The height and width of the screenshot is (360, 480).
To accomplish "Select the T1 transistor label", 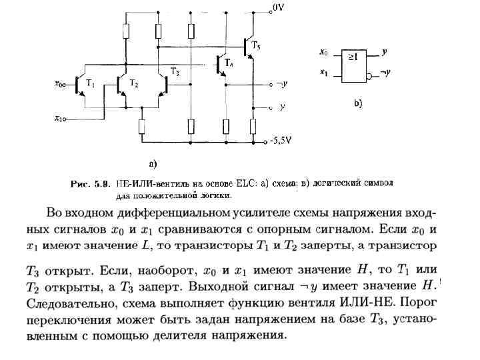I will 91,85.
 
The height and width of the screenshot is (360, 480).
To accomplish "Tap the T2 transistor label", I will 134,85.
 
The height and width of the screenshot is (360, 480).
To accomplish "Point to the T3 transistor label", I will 175,71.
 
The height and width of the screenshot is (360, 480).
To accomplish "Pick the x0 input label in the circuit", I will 59,85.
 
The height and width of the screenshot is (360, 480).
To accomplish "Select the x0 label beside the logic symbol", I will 324,52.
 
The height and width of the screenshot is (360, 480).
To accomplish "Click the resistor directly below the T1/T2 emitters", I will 142,126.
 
